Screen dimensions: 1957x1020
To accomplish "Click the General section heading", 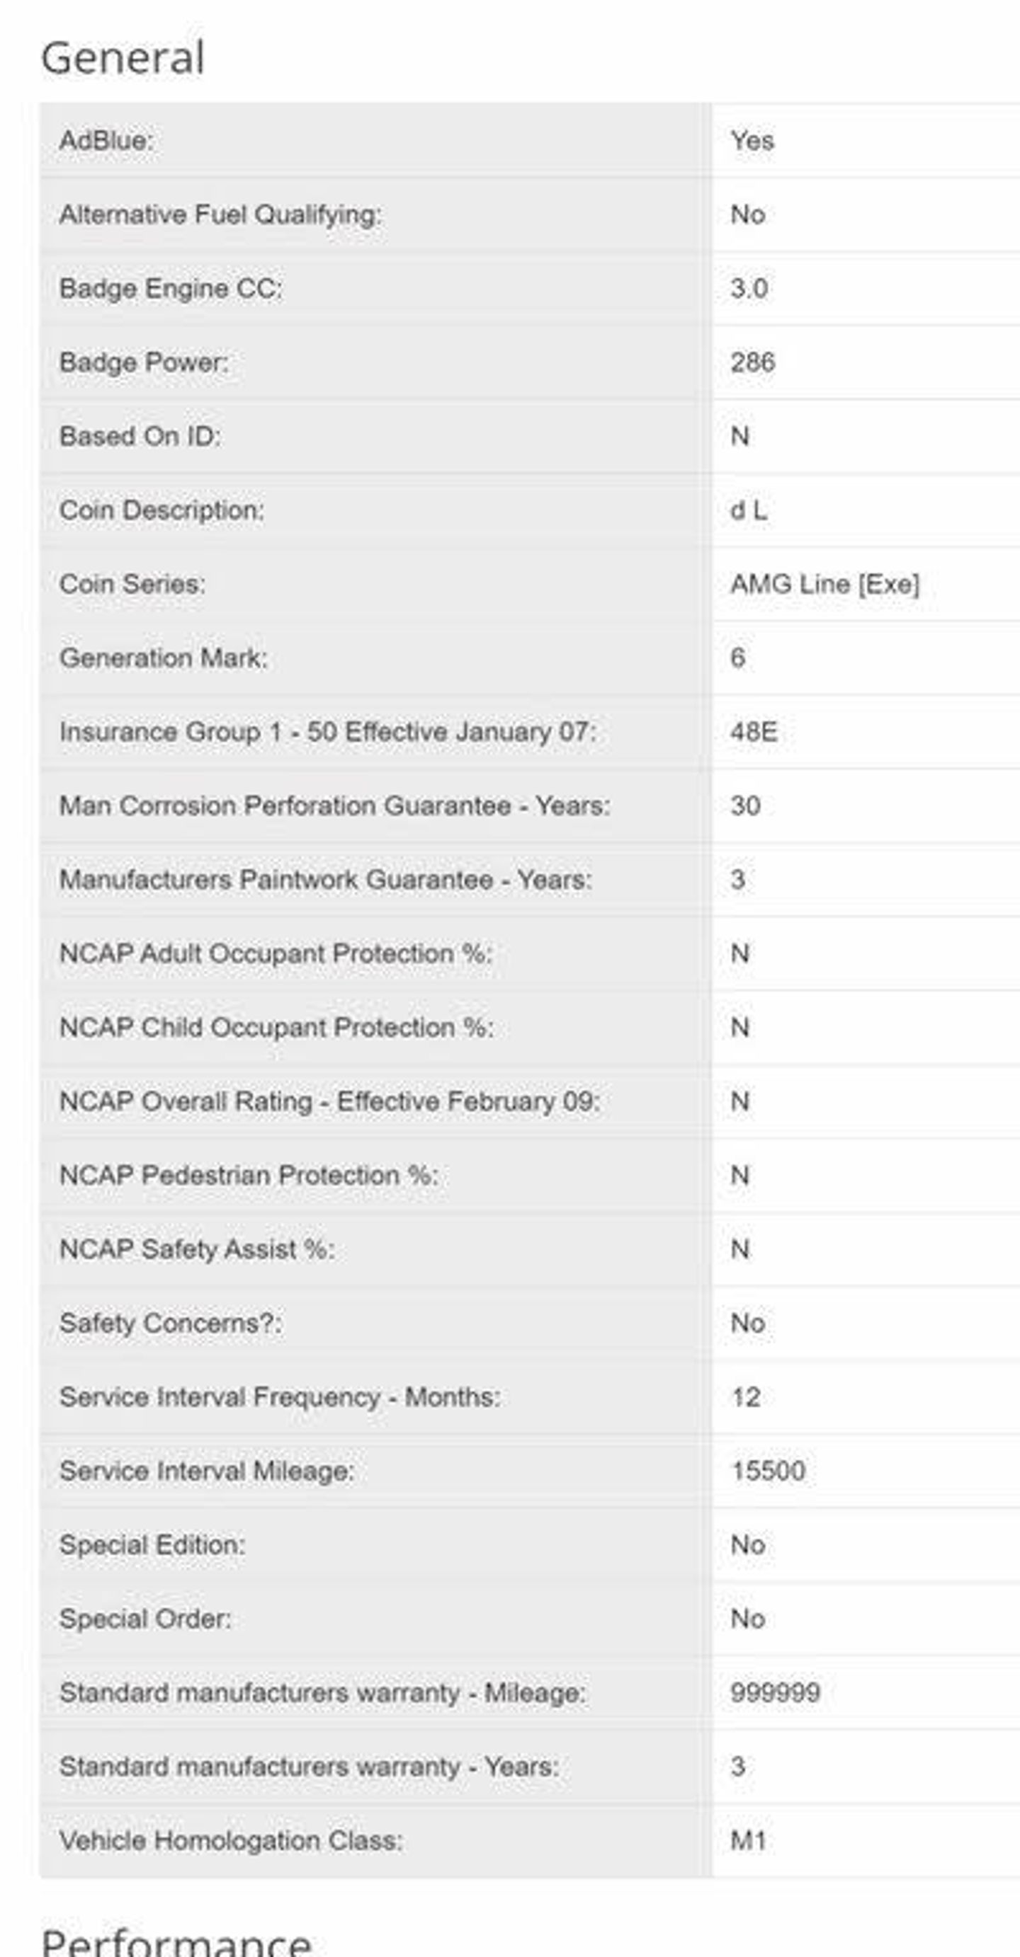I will click(123, 58).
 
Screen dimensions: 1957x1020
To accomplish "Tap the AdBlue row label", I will click(106, 141).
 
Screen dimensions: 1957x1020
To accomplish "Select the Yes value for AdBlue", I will click(752, 141).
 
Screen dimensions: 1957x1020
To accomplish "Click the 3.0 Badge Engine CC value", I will click(749, 289).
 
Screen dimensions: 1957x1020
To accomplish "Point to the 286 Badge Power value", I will click(752, 362).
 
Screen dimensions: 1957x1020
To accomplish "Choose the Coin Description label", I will click(161, 510).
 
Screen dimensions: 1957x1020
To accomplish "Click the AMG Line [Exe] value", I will click(824, 584).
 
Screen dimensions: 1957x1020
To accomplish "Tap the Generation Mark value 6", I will click(737, 658).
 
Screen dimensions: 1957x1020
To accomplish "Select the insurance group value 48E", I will click(753, 732).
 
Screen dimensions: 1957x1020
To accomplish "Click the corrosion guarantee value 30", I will click(745, 805).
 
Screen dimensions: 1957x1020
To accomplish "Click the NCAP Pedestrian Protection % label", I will click(249, 1176).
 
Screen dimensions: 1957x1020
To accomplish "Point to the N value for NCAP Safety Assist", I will click(739, 1249).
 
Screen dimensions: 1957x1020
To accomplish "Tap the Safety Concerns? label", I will click(170, 1324).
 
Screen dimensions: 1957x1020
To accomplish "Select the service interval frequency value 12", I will click(745, 1397).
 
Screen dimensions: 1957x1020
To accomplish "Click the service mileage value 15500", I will click(768, 1471).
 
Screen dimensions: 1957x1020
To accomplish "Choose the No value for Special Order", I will click(747, 1619).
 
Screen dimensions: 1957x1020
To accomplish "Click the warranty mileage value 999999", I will click(775, 1692).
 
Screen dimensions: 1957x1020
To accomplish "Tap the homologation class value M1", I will click(748, 1841).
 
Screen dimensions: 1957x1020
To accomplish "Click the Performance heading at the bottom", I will click(176, 1942).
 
